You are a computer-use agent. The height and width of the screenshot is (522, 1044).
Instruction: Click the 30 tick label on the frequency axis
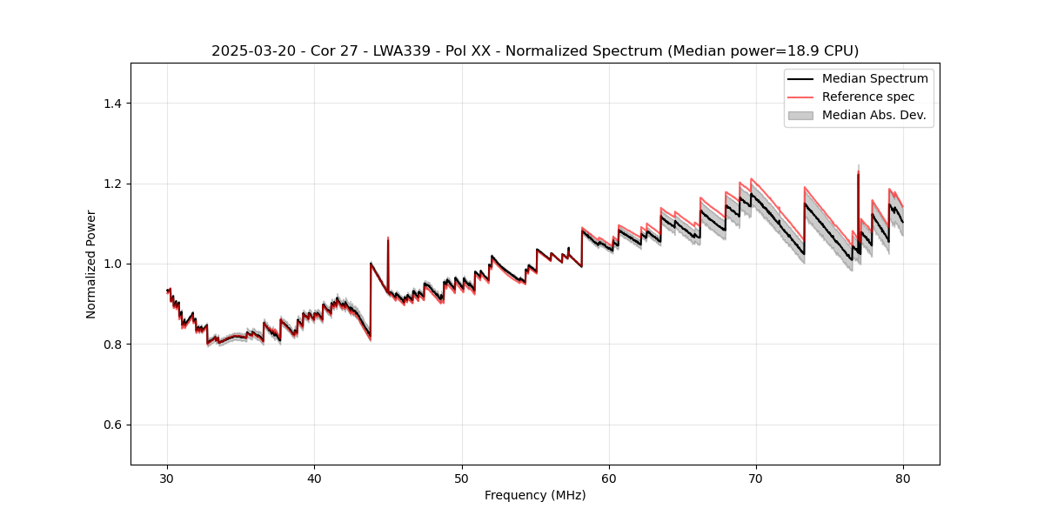point(168,478)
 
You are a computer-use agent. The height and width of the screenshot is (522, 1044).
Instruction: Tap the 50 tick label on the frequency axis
point(462,478)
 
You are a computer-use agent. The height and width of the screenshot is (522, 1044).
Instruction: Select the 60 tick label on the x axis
point(609,478)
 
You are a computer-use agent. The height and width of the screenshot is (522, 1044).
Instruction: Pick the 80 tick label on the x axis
point(903,478)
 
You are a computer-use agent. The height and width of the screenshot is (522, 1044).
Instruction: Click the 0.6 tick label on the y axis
point(112,425)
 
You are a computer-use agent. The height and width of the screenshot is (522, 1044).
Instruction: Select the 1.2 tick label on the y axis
point(112,184)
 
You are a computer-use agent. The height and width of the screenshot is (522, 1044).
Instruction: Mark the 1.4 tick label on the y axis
point(112,104)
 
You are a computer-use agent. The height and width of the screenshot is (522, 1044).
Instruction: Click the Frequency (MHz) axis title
point(535,495)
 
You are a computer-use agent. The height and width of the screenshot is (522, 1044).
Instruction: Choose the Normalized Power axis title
point(91,264)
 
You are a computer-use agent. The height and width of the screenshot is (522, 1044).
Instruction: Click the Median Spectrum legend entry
point(874,78)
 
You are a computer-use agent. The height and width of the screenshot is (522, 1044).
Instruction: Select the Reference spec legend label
point(867,97)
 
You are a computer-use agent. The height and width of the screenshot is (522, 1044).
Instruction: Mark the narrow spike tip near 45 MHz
point(388,238)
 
